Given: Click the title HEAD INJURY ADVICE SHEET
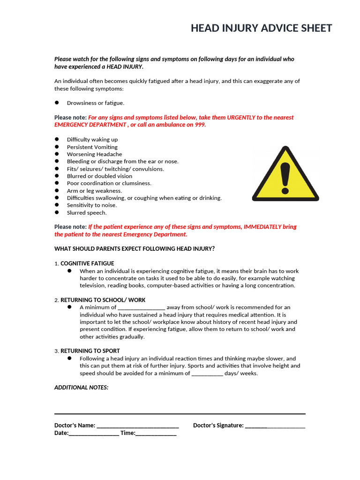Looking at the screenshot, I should pyautogui.click(x=261, y=29).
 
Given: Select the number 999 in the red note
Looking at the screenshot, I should pyautogui.click(x=200, y=125).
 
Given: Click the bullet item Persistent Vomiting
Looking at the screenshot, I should pyautogui.click(x=92, y=147).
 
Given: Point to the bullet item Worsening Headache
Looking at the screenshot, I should pyautogui.click(x=94, y=154).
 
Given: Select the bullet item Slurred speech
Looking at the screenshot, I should pyautogui.click(x=87, y=213).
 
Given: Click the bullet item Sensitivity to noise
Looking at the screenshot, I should pyautogui.click(x=92, y=205).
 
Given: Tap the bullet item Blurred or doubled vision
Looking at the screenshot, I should pyautogui.click(x=99, y=176).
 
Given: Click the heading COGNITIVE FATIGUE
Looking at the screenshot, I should pyautogui.click(x=87, y=263).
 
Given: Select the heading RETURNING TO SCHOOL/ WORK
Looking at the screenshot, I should pyautogui.click(x=103, y=300).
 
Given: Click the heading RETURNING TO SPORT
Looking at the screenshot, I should pyautogui.click(x=90, y=351).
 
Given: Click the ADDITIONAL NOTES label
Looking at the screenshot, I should pyautogui.click(x=82, y=388).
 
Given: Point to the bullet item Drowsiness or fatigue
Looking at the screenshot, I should pyautogui.click(x=96, y=103).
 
